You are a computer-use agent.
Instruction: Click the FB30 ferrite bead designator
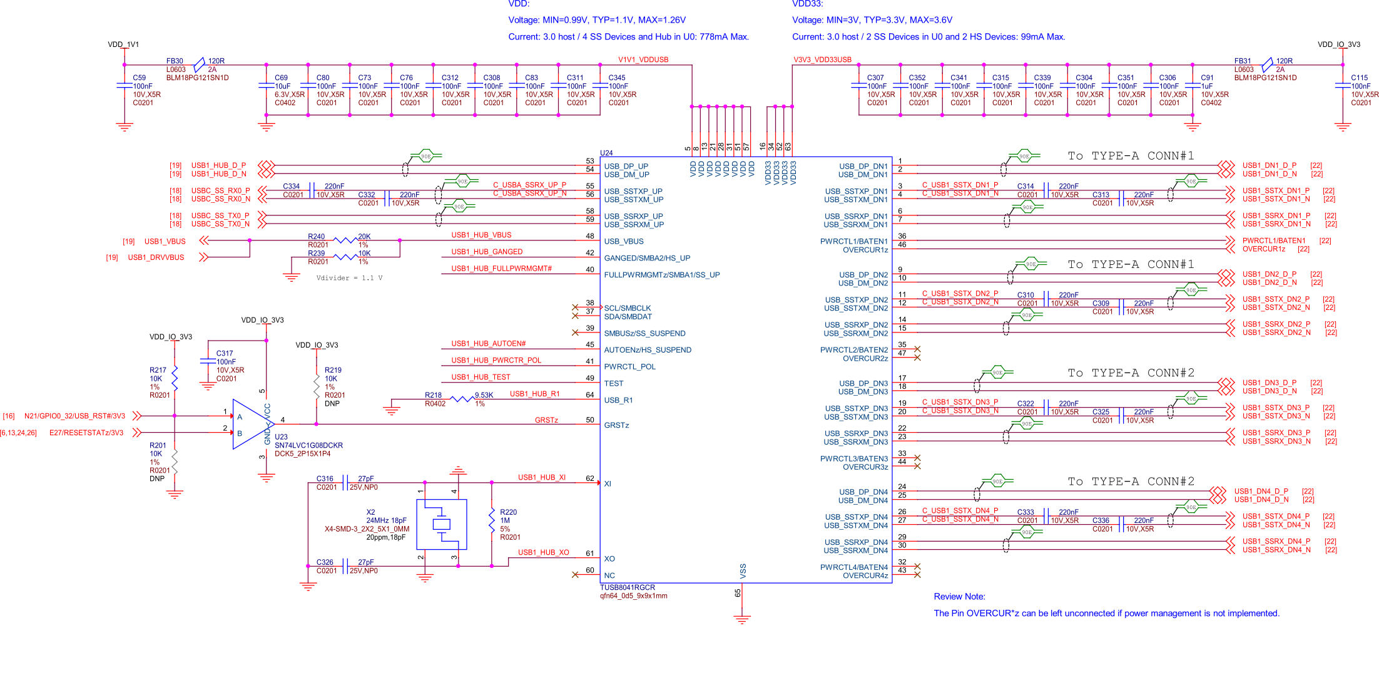[x=175, y=61]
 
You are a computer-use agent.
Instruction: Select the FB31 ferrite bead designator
[x=1242, y=61]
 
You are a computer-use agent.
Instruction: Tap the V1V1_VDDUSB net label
[x=643, y=60]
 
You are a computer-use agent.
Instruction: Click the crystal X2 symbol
[x=442, y=524]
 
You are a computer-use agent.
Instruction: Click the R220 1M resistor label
[x=508, y=512]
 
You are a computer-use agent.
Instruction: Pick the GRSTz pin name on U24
[x=616, y=426]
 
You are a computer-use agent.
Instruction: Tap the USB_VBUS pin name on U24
[x=623, y=242]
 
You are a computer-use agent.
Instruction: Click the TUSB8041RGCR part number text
[x=628, y=587]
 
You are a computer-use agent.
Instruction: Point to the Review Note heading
[x=959, y=597]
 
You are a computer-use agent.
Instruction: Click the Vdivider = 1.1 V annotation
[x=349, y=278]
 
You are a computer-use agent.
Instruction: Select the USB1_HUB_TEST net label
[x=481, y=378]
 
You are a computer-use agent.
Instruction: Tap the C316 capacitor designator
[x=325, y=479]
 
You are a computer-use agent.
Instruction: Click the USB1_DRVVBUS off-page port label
[x=156, y=257]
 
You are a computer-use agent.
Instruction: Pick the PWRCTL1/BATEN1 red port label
[x=1274, y=241]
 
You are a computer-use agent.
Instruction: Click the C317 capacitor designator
[x=225, y=354]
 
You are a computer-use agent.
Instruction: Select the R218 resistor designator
[x=433, y=395]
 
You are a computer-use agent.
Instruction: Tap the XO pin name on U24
[x=609, y=559]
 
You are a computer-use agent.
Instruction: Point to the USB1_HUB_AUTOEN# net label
[x=488, y=344]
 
